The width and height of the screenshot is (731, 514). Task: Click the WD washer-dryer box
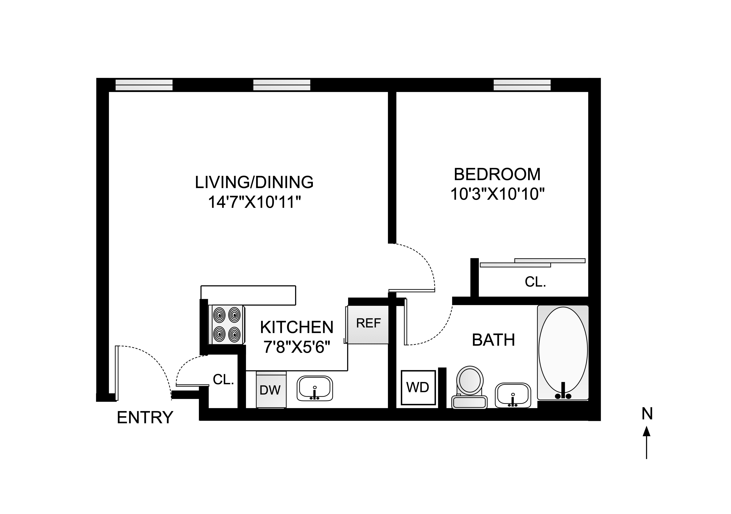point(418,387)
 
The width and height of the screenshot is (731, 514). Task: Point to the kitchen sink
point(315,388)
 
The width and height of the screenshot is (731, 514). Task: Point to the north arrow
point(646,446)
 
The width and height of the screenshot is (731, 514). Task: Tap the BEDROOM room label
point(497,174)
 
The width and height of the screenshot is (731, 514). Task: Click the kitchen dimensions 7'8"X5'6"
point(297,347)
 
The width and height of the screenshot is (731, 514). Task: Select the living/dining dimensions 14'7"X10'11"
point(254,202)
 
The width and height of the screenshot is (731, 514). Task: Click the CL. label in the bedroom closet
point(535,282)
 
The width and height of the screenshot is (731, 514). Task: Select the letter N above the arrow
point(647,414)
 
